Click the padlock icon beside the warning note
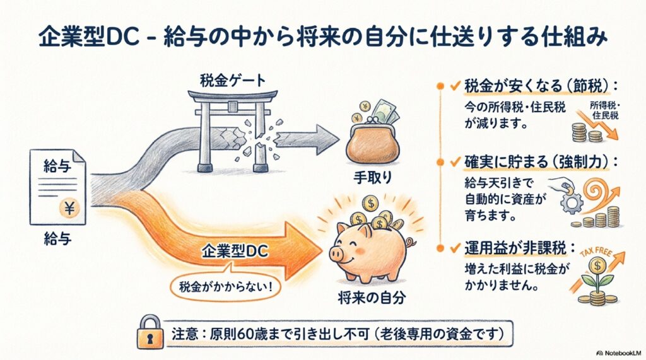(149, 332)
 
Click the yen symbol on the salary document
(69, 207)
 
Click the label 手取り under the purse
(372, 178)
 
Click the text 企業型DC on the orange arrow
(235, 252)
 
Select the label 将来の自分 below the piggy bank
(372, 298)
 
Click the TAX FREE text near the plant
(597, 252)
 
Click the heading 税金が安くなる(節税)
(536, 86)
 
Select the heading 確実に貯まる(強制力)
(536, 162)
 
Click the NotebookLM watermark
(620, 353)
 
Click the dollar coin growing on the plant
(597, 266)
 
